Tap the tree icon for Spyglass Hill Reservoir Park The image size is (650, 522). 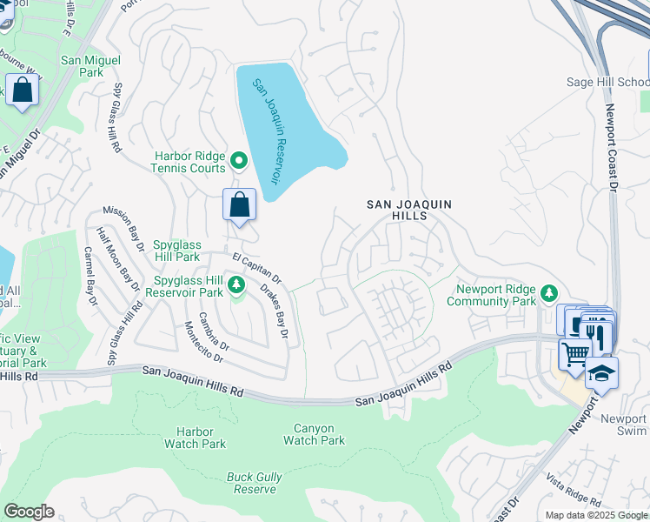click(235, 285)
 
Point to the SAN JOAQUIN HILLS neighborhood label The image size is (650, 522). click(409, 210)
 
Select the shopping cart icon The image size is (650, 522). click(574, 354)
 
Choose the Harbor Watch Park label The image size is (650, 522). click(195, 438)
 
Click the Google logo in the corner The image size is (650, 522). click(29, 512)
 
